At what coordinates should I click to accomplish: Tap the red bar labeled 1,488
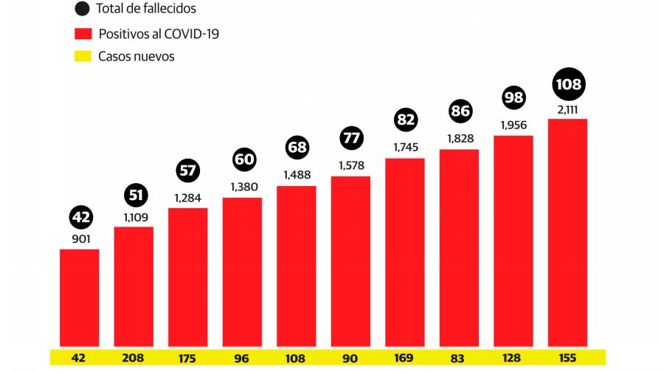point(297,265)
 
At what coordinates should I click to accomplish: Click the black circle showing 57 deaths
point(188,171)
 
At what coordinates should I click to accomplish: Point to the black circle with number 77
point(351,139)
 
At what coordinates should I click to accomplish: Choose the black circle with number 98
point(513,97)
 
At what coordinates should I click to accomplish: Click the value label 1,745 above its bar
point(405,148)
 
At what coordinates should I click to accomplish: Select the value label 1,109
point(134,217)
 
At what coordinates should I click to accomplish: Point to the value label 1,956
point(513,125)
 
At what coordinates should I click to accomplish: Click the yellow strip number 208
point(134,357)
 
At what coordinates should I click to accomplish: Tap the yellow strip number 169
point(405,357)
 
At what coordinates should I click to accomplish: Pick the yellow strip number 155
point(567,357)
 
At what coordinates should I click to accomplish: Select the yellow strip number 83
point(459,357)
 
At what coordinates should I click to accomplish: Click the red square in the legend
point(83,33)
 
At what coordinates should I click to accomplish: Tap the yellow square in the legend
point(83,56)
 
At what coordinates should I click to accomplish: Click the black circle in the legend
point(83,10)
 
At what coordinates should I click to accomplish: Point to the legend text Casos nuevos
point(136,57)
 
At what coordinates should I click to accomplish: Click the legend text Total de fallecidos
point(146,10)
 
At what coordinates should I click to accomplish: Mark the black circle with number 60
point(243,159)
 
